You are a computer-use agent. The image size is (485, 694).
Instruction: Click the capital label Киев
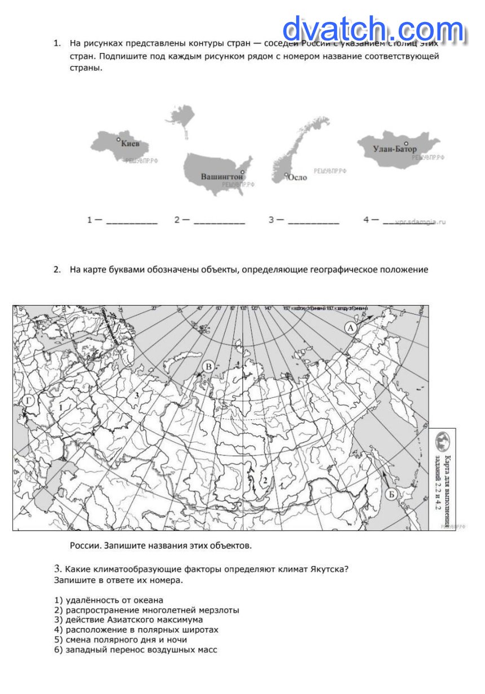134,144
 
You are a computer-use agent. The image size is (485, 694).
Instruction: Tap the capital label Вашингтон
222,176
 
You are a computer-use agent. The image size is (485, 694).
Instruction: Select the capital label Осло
297,178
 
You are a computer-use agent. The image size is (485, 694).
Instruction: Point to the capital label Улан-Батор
395,149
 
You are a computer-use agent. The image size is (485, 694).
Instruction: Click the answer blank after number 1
131,220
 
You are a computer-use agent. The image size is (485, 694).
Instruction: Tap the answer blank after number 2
219,220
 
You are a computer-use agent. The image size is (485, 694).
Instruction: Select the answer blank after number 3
313,220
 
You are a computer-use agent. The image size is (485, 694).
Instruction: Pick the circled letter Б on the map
393,494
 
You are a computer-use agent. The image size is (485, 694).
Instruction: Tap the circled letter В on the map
208,367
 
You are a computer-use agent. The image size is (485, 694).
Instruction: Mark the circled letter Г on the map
28,401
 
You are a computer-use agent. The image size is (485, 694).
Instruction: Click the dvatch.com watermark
373,29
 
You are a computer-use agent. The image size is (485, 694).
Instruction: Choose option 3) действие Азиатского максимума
129,620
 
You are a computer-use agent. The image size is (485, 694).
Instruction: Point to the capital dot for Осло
286,175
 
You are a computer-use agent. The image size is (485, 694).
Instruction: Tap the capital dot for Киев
118,139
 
